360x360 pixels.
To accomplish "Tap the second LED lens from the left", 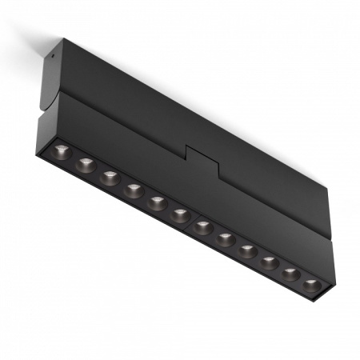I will click(x=86, y=166).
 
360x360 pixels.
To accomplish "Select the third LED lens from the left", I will click(x=110, y=178).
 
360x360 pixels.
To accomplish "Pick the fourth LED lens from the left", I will click(x=134, y=191).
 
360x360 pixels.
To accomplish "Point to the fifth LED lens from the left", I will click(x=157, y=203).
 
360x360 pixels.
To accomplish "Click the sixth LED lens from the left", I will click(x=180, y=215).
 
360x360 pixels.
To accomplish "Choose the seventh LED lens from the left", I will click(x=203, y=227).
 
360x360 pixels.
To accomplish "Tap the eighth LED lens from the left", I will click(x=226, y=239).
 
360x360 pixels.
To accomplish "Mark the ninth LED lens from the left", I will click(x=248, y=251).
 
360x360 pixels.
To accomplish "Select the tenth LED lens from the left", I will click(x=270, y=262).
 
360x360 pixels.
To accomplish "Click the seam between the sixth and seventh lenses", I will click(x=191, y=222).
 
